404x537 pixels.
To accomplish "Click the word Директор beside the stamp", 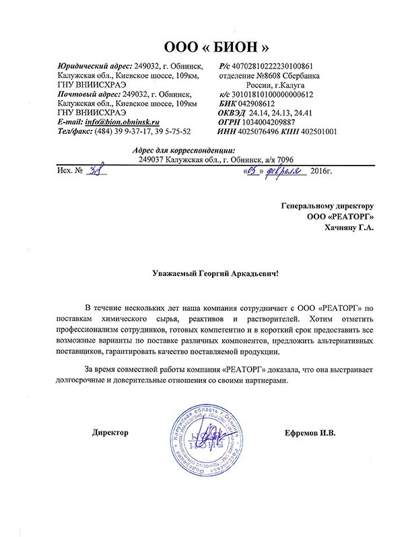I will point(110,433).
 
